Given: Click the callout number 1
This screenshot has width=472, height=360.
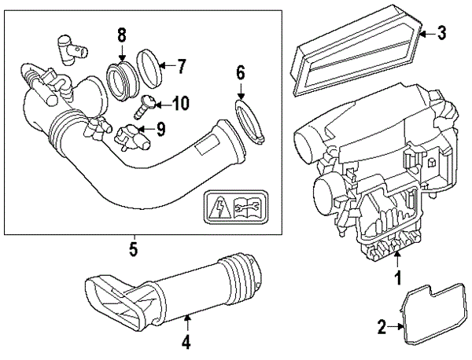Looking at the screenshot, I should click(398, 277).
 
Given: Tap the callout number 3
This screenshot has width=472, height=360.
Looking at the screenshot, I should click(442, 32).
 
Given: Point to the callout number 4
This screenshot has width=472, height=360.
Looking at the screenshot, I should click(186, 342).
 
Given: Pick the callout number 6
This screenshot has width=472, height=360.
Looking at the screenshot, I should click(241, 75).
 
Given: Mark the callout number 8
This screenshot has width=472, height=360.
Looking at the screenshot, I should click(121, 35).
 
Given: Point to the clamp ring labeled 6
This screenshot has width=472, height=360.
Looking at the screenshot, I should click(248, 121).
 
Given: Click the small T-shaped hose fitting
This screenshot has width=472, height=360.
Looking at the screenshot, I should click(68, 49).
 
